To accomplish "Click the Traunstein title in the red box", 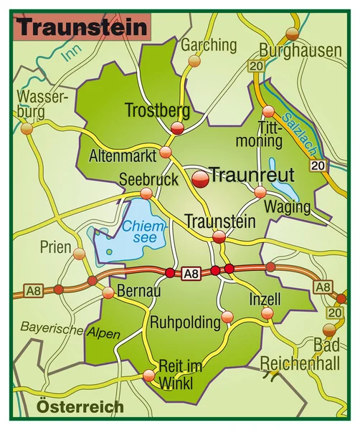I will (x=82, y=27).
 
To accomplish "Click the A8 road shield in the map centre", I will (x=190, y=273).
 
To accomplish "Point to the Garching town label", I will (x=209, y=45).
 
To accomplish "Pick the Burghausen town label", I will (x=300, y=50).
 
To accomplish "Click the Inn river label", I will (x=70, y=52).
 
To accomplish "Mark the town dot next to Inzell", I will (x=267, y=313).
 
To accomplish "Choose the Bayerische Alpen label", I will (x=70, y=330).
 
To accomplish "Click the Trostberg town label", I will (x=157, y=110).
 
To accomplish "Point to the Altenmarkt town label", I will (x=123, y=155).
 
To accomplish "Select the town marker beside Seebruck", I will (x=146, y=193).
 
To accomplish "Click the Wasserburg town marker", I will (x=27, y=129).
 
